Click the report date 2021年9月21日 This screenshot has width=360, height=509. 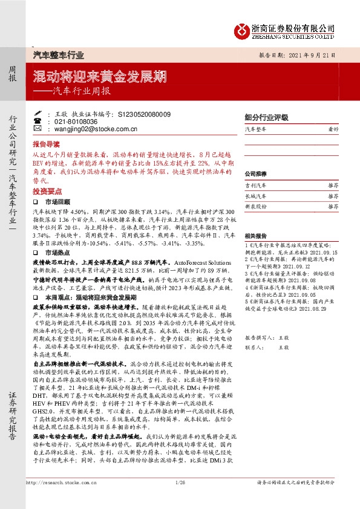tap(313, 54)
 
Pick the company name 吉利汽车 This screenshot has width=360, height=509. tap(255, 186)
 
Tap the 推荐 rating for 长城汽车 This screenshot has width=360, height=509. tap(333, 196)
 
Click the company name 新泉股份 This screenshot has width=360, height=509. tap(255, 207)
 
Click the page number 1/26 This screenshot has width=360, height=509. tap(179, 482)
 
